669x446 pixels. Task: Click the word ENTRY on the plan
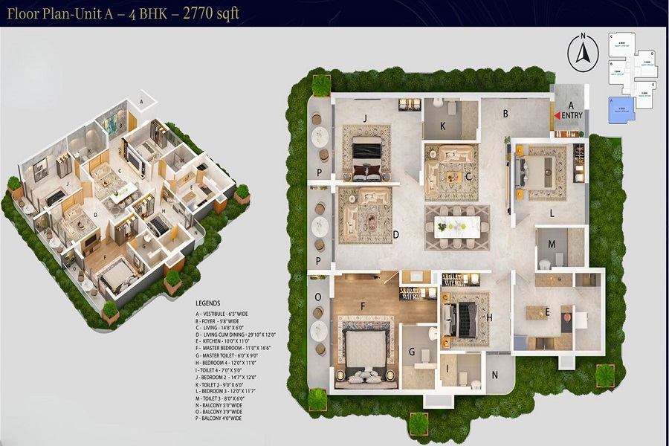(x=572, y=115)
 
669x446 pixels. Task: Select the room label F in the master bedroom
(x=363, y=305)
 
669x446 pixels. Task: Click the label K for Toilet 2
(x=442, y=127)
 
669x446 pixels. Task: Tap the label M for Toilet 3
(x=552, y=244)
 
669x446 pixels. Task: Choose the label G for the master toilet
(x=413, y=352)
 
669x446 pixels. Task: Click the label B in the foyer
(x=505, y=114)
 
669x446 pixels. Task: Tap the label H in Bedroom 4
(x=490, y=317)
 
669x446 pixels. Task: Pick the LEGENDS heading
(x=208, y=304)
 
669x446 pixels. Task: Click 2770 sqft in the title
(x=213, y=14)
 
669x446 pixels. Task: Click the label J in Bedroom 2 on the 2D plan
(x=366, y=117)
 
